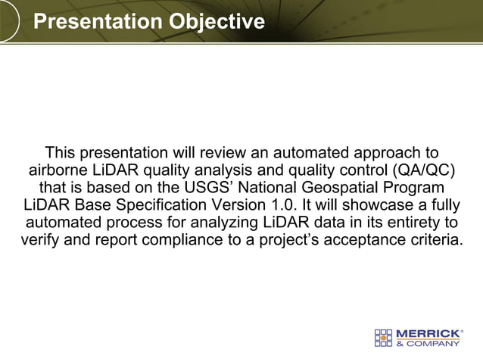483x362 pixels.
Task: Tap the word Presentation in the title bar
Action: click(98, 21)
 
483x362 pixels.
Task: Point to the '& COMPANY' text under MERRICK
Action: click(428, 343)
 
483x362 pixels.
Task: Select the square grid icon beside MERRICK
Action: click(385, 337)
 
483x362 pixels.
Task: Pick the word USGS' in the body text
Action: click(202, 187)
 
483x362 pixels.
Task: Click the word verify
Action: click(40, 241)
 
